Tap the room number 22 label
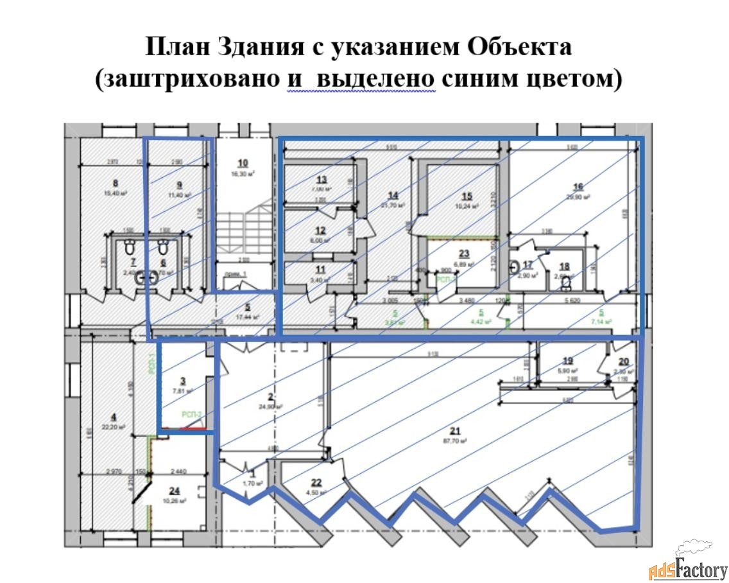[x=316, y=483]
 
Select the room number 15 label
[x=467, y=196]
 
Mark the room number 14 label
[x=393, y=195]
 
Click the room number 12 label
[x=320, y=231]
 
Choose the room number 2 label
[x=271, y=397]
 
